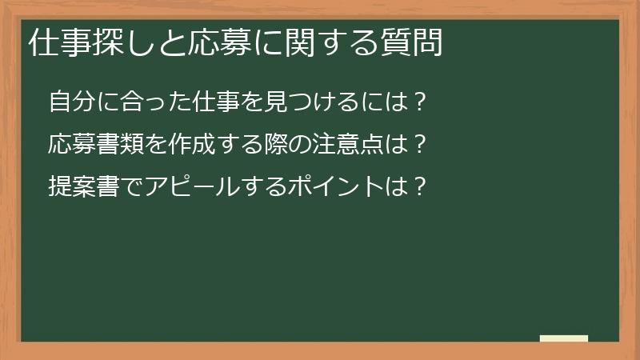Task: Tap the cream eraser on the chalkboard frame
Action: pyautogui.click(x=564, y=338)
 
